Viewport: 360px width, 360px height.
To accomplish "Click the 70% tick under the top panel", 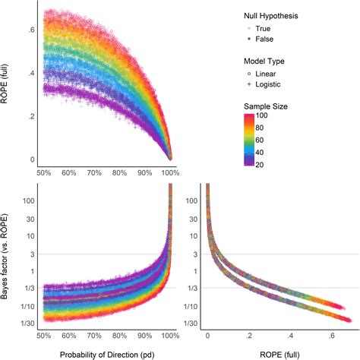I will tap(93, 173).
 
